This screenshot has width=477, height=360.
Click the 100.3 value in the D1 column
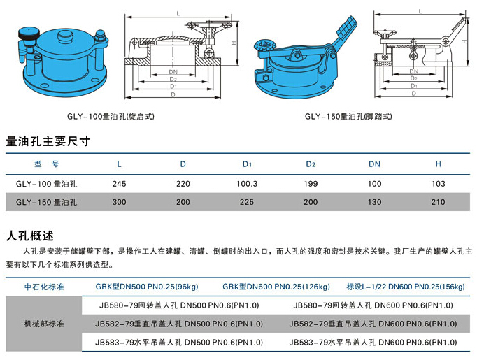[248, 184]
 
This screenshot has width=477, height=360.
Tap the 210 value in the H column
[439, 203]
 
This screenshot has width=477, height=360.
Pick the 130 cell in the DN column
[375, 203]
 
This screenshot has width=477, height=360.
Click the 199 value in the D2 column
[311, 184]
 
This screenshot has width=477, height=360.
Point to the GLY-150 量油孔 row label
[46, 203]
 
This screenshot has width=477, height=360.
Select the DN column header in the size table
[375, 164]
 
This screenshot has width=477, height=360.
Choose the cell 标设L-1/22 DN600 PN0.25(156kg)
[405, 287]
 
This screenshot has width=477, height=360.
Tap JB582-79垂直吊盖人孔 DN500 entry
[180, 324]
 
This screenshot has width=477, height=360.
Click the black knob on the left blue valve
[30, 33]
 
